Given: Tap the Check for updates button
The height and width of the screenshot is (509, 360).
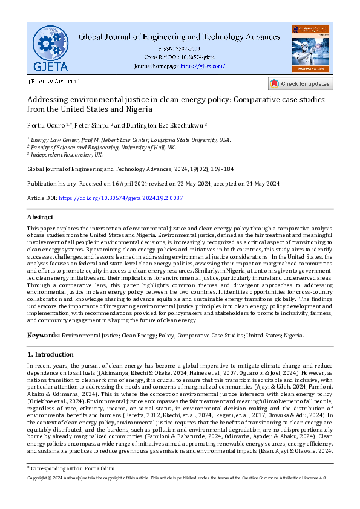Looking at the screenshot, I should click(301, 83).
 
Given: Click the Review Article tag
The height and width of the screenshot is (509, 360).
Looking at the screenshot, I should click(54, 81).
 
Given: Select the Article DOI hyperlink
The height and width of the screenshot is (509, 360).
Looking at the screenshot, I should click(120, 198).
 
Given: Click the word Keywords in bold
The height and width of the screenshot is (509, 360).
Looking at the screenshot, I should click(43, 335).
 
